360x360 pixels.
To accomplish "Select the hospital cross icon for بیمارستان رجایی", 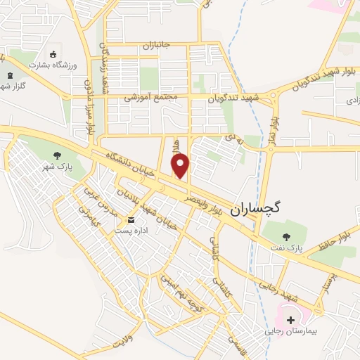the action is tap(290, 319).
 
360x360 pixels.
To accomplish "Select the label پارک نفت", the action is tap(285, 248).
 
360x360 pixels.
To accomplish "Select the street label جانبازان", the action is tap(157, 46).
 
